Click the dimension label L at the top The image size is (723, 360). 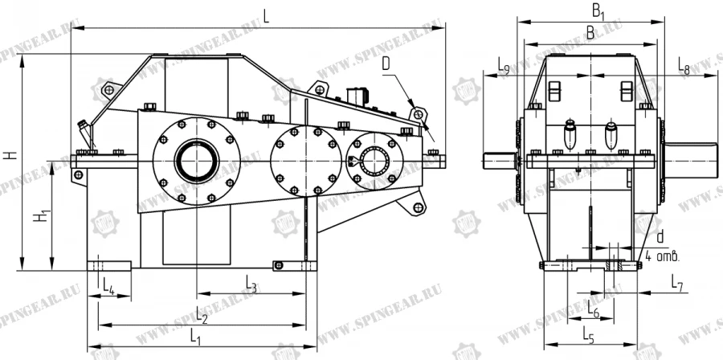point(265,14)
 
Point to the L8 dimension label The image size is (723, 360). point(684,65)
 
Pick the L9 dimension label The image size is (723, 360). point(503,65)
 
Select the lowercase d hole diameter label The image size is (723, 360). point(660,237)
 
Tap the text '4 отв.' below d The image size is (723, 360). point(663,256)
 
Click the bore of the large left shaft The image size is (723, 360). point(194,158)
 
